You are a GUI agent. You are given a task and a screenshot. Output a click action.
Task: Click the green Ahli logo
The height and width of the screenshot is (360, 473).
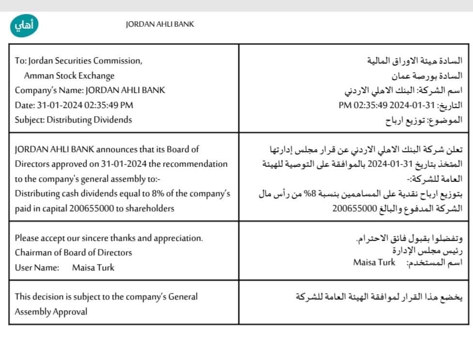point(24,24)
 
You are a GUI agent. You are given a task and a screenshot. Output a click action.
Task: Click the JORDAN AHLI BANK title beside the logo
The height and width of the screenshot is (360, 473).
point(159,24)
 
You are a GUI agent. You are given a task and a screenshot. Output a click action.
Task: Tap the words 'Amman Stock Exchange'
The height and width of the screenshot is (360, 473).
point(69,76)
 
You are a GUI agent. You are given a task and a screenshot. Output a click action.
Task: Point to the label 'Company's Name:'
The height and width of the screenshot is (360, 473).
point(49,90)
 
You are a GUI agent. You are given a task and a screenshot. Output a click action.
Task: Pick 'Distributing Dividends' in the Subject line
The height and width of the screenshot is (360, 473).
point(89,120)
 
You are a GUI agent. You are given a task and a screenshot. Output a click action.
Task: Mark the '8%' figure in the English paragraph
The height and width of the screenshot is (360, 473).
point(141,193)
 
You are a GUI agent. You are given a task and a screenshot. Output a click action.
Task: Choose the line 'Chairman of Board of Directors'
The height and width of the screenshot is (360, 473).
point(73,252)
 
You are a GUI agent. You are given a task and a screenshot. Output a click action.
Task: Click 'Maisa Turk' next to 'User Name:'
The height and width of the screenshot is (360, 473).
point(93,267)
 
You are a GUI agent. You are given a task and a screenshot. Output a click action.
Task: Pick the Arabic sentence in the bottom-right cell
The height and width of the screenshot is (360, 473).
point(379,297)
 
